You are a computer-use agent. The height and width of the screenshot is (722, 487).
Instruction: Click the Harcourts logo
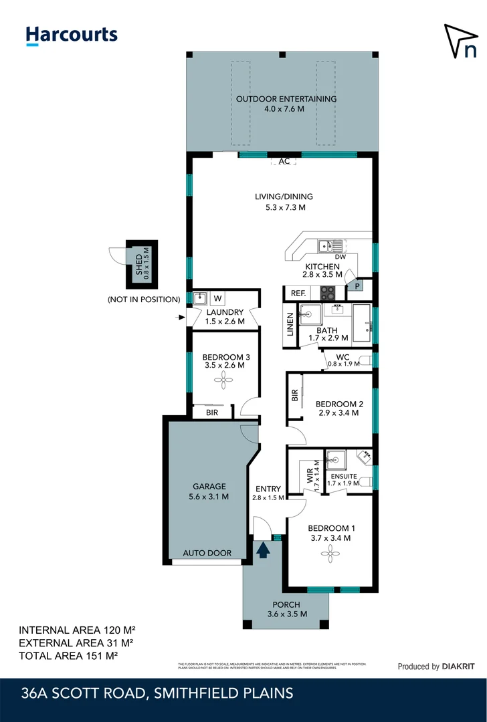71,35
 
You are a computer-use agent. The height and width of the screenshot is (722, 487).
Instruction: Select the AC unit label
284,161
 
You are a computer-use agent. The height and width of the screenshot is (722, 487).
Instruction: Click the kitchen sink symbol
330,245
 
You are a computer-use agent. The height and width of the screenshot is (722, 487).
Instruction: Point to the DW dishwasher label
339,257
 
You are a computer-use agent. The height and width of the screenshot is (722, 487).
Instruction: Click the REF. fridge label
296,293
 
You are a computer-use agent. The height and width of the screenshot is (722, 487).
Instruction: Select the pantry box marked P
357,286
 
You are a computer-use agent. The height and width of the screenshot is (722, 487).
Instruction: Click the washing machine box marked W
218,298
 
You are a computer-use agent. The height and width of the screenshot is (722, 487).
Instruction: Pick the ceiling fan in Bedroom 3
221,380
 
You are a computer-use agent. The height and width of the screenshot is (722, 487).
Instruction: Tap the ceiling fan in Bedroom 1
328,552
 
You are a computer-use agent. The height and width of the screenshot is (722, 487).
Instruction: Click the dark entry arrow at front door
263,550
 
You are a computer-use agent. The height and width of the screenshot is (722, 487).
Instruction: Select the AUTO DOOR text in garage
208,553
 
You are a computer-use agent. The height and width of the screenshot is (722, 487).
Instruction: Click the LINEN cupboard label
290,329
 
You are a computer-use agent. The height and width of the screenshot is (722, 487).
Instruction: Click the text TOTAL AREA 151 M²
68,656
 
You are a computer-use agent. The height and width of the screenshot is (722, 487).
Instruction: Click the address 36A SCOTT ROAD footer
156,693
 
